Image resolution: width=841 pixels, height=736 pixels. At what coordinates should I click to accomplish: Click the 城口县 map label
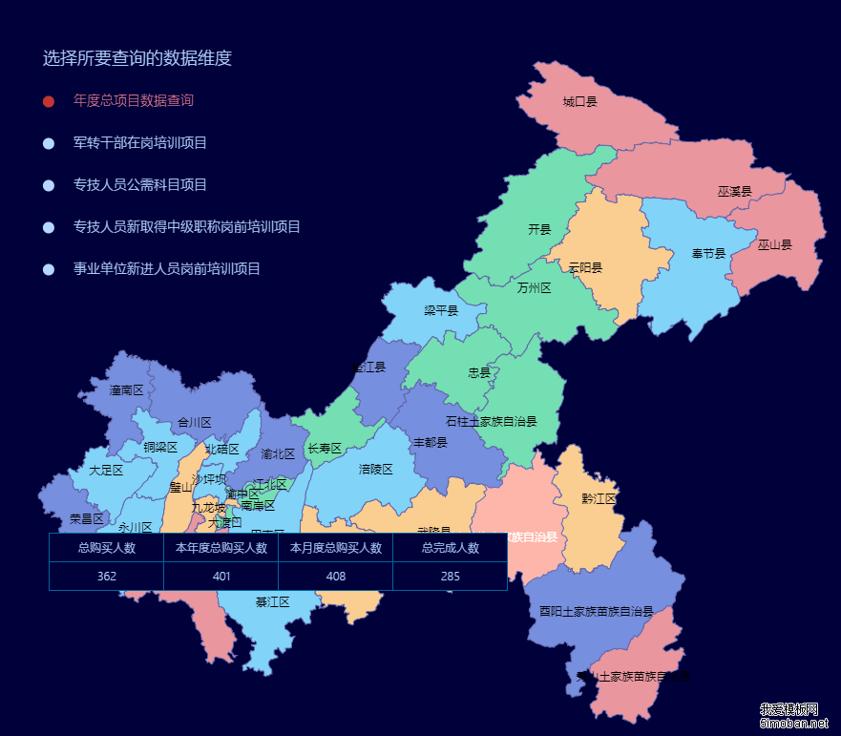579,101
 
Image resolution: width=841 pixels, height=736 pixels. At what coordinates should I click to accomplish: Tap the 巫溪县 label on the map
734,192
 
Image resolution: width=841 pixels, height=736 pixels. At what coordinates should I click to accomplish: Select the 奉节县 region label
708,254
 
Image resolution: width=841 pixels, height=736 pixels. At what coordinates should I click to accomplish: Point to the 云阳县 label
585,268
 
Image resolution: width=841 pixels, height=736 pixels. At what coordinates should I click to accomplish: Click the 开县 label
539,230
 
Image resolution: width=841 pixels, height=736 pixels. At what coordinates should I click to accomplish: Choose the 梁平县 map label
441,311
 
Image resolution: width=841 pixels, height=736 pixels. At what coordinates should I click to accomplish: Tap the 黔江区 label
599,499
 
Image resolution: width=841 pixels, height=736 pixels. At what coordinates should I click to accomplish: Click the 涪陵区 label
376,470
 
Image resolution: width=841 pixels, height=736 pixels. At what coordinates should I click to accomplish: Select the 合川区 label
194,423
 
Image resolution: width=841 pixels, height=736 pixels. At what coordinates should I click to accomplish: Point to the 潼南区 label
126,390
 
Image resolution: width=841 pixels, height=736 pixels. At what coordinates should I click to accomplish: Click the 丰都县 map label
430,443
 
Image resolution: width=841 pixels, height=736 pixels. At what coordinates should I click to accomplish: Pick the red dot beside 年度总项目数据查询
49,101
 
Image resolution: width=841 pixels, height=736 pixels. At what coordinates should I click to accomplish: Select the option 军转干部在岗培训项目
139,143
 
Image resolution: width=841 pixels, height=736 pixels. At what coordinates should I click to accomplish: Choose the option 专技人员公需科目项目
139,185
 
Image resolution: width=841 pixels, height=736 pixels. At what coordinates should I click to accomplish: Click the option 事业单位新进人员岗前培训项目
166,269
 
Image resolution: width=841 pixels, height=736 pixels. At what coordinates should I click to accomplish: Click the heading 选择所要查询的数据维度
137,58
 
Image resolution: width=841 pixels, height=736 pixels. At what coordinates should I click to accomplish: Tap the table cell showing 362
106,577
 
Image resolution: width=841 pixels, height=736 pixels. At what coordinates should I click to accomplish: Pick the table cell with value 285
450,577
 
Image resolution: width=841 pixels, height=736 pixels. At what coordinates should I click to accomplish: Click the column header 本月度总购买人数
335,548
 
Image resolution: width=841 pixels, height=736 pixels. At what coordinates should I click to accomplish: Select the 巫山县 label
774,245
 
